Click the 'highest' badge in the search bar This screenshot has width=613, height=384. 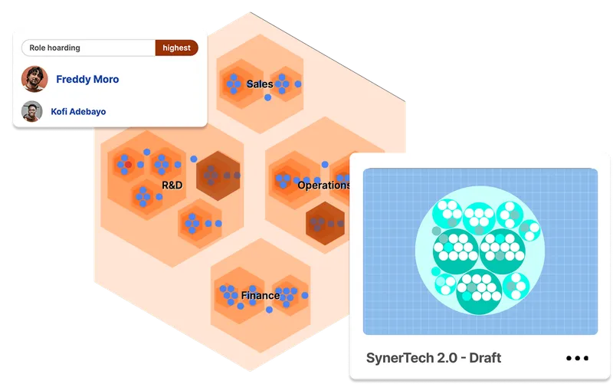[176, 48]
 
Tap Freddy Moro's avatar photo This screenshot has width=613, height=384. [34, 79]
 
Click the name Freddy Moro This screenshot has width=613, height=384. [87, 79]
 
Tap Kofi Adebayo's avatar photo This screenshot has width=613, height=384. [31, 111]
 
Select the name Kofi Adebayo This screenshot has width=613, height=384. [78, 111]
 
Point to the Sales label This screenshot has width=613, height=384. [260, 84]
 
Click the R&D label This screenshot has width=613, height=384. [172, 185]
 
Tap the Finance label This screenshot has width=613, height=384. [260, 295]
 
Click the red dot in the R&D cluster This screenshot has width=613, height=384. [129, 165]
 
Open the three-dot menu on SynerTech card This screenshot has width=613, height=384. [577, 358]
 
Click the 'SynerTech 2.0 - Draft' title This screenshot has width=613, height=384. [434, 358]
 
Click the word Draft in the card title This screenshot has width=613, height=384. [484, 358]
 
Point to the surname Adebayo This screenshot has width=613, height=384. [88, 111]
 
